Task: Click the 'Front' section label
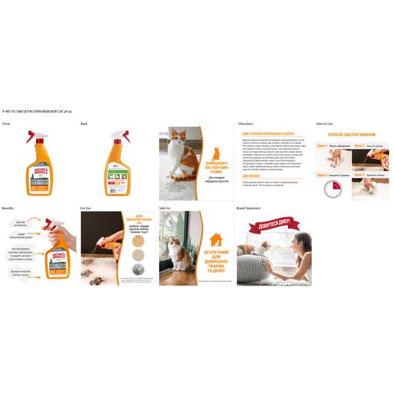click(6, 124)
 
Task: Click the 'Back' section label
click(84, 124)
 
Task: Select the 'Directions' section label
click(245, 124)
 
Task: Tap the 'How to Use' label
click(325, 124)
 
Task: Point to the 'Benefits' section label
click(8, 207)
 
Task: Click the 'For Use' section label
click(86, 207)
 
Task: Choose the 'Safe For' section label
click(165, 207)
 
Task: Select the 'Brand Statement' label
click(250, 207)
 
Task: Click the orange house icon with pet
click(216, 239)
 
